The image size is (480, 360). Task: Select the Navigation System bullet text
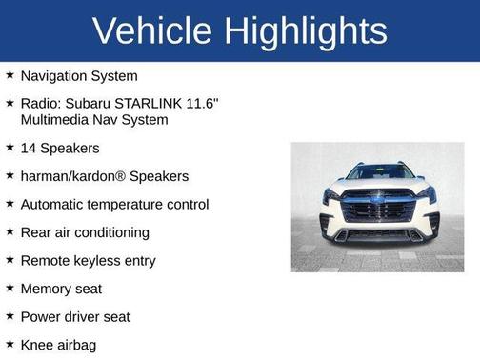pyautogui.click(x=79, y=75)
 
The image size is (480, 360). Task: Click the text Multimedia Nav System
pyautogui.click(x=94, y=119)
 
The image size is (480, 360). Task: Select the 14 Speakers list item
pyautogui.click(x=60, y=148)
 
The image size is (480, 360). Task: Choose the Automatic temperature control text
pyautogui.click(x=114, y=204)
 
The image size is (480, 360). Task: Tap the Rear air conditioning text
pyautogui.click(x=85, y=232)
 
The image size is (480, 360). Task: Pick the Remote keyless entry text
pyautogui.click(x=88, y=260)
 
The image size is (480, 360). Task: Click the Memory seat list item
pyautogui.click(x=61, y=289)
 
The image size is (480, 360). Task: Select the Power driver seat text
pyautogui.click(x=75, y=316)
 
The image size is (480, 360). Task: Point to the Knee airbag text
pyautogui.click(x=58, y=345)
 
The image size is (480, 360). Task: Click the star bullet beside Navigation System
pyautogui.click(x=10, y=74)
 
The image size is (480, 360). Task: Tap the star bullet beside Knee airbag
pyautogui.click(x=10, y=344)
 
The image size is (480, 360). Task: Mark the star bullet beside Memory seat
pyautogui.click(x=10, y=288)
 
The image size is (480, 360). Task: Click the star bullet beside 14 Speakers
pyautogui.click(x=10, y=147)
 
